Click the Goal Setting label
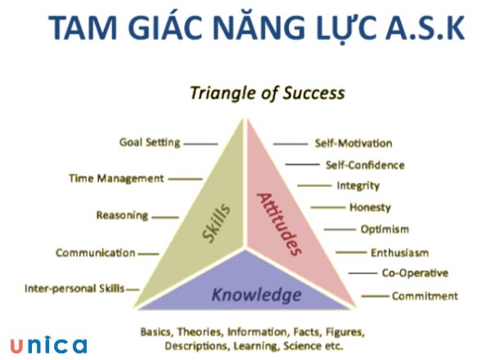tap(149, 142)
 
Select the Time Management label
tap(115, 178)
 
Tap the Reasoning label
tap(122, 216)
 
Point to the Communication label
tap(95, 253)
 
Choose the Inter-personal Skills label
tap(74, 289)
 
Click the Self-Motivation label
tap(354, 144)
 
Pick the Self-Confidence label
tap(365, 165)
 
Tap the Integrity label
tap(358, 187)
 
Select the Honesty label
tap(370, 208)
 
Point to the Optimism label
tap(385, 230)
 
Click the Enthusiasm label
tap(399, 253)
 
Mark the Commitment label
tap(425, 296)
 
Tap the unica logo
tap(48, 344)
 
